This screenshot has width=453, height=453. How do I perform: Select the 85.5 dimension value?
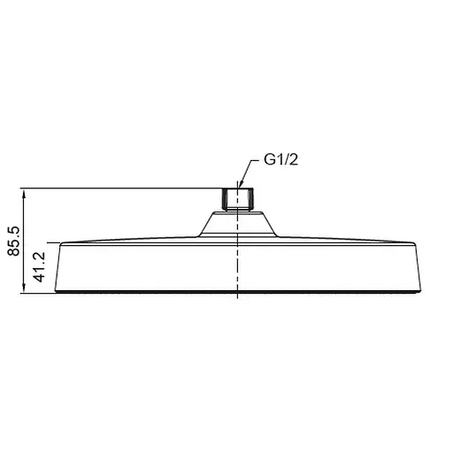pyautogui.click(x=12, y=240)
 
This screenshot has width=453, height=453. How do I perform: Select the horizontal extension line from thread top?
pyautogui.click(x=124, y=188)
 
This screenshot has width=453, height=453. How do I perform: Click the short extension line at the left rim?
pyautogui.click(x=44, y=243)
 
